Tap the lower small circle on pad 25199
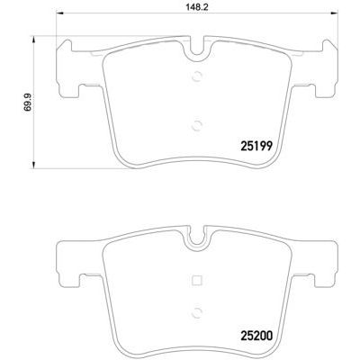[196, 125]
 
